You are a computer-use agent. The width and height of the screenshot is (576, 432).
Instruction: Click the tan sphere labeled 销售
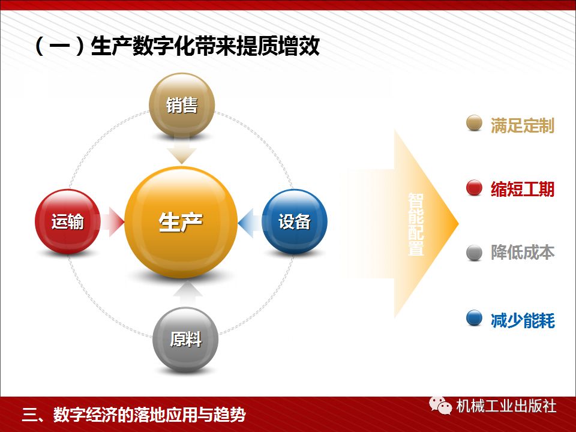coord(181,106)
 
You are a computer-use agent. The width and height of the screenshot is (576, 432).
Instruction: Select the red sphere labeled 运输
coord(68,221)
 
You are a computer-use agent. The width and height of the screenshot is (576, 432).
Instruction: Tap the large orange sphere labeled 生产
coord(181,222)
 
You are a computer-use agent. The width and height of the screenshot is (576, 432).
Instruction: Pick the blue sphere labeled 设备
coord(295,221)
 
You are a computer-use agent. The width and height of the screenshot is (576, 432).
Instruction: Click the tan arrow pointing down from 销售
coord(181,151)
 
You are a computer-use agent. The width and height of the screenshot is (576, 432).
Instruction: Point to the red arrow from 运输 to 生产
coord(112,221)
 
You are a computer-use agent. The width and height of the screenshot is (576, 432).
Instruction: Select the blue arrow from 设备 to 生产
coord(251,222)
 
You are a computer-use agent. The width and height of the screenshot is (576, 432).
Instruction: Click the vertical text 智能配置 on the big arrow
coord(416,224)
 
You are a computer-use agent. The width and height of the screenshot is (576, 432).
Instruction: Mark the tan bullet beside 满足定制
coord(474,123)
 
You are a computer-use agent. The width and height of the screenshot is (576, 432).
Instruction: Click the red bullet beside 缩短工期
coord(474,188)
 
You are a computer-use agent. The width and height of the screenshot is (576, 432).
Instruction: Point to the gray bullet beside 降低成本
coord(474,253)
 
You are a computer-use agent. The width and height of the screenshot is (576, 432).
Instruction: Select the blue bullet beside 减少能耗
coord(474,318)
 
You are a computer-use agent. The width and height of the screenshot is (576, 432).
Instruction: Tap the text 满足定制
coord(523,125)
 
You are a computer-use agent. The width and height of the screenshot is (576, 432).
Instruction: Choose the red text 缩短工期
coord(523,190)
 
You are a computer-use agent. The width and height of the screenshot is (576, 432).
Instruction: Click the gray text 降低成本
coord(523,253)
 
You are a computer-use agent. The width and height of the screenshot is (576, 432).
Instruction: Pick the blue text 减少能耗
coord(523,320)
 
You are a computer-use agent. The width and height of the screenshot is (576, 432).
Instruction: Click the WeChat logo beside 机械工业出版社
coord(440,406)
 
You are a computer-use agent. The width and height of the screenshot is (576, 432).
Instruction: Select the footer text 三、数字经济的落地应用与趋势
coord(134,415)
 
